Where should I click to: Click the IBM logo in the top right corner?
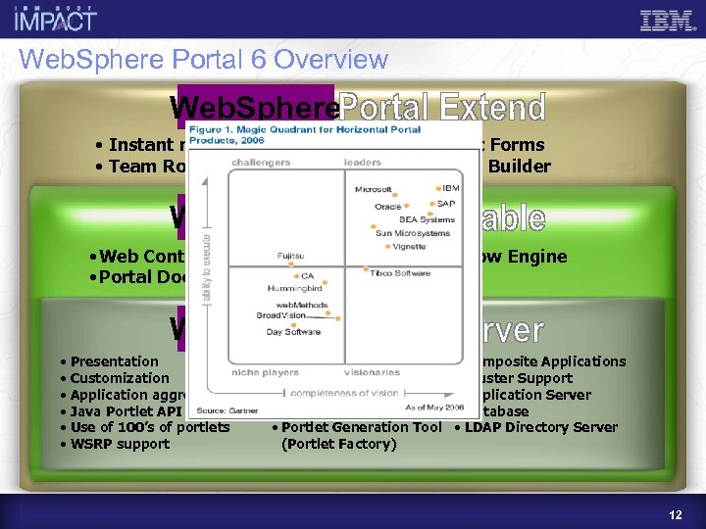(670, 21)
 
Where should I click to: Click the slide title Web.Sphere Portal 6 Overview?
(204, 60)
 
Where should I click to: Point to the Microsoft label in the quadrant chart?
(374, 189)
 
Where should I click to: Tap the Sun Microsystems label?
(413, 233)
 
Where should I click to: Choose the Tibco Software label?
(399, 273)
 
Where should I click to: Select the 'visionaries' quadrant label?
(372, 372)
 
